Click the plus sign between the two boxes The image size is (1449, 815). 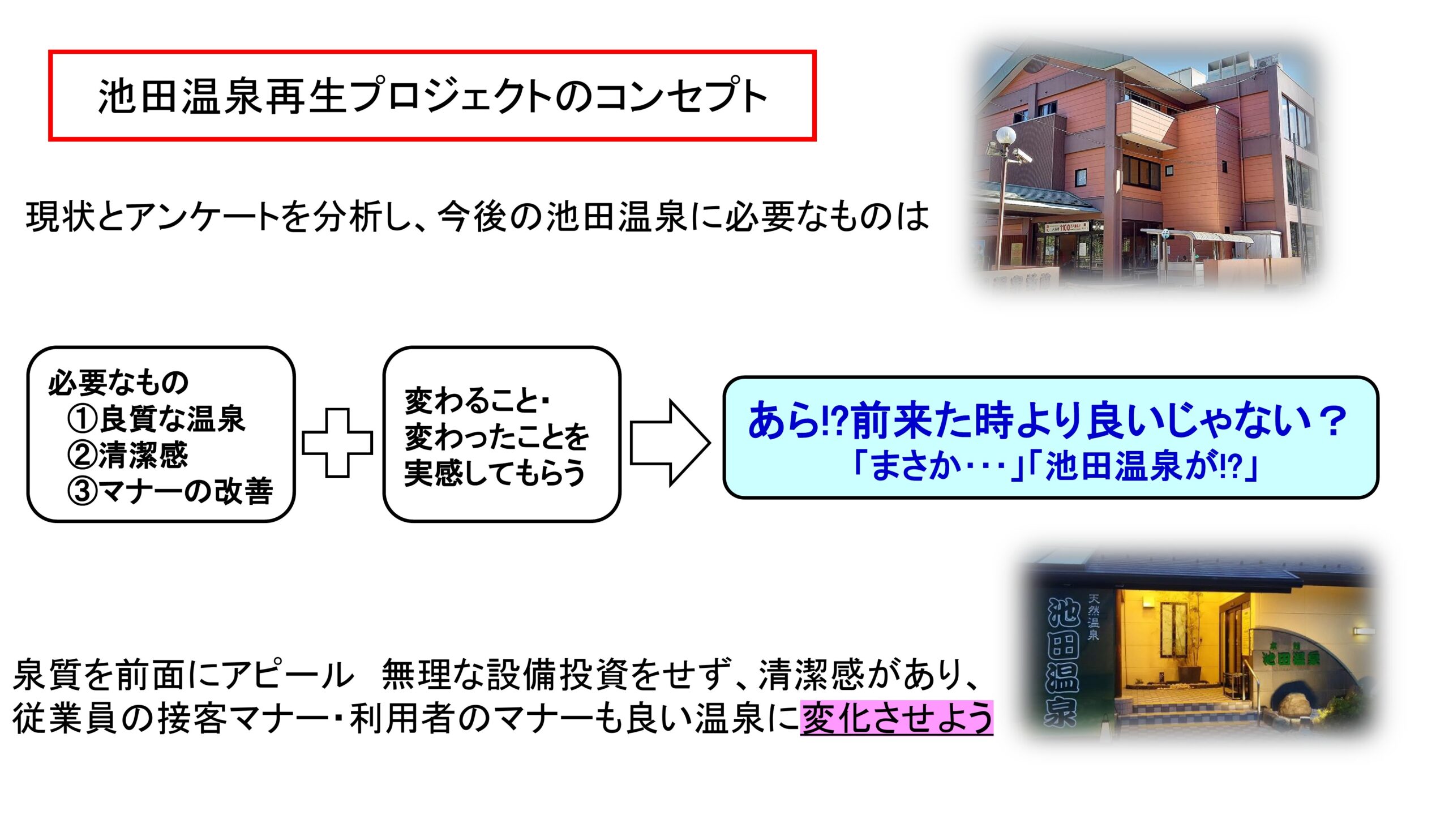pyautogui.click(x=337, y=443)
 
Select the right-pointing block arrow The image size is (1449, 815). pyautogui.click(x=670, y=443)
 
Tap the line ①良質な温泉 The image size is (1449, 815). pyautogui.click(x=156, y=419)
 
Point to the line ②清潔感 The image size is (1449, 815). pyautogui.click(x=128, y=454)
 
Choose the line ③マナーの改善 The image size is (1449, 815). pyautogui.click(x=170, y=490)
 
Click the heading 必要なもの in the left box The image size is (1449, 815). pyautogui.click(x=118, y=383)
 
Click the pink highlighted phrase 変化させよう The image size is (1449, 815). pyautogui.click(x=897, y=718)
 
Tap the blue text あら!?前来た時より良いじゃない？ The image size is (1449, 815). pyautogui.click(x=1047, y=420)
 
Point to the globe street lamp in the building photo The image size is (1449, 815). pyautogui.click(x=1005, y=136)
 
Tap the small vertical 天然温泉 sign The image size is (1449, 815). pyautogui.click(x=1093, y=617)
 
